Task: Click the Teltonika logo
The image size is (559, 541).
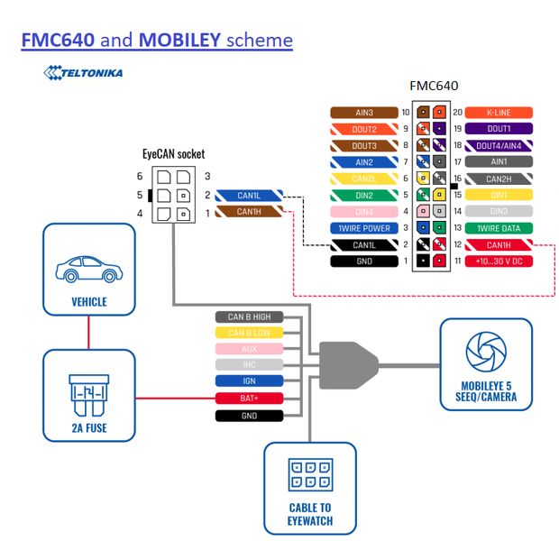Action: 83,72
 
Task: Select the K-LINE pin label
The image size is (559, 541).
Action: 498,113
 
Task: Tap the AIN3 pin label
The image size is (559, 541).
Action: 363,113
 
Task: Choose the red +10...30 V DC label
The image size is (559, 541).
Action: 498,261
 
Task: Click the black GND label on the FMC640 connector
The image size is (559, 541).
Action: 363,261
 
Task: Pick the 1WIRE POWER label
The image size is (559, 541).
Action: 363,228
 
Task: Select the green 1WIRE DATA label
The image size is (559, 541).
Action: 498,228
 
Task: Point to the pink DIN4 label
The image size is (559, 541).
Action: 363,212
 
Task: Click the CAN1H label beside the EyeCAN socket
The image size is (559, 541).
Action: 249,212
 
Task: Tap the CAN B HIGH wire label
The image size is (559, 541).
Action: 249,316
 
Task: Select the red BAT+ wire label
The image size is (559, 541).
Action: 249,399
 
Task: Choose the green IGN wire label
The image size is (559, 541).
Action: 249,382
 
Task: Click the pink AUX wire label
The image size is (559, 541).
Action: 249,349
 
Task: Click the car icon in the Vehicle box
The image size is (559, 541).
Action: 87,268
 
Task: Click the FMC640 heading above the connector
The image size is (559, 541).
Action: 434,87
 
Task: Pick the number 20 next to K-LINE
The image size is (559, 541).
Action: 457,113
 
